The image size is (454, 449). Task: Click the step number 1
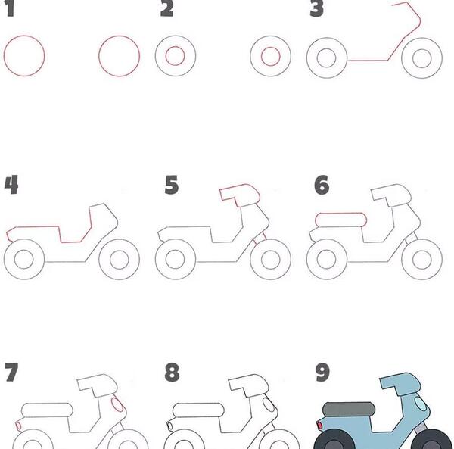pyautogui.click(x=10, y=8)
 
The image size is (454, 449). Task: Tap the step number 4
pyautogui.click(x=11, y=185)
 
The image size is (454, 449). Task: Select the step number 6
pyautogui.click(x=322, y=185)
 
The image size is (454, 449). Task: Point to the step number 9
pyautogui.click(x=322, y=373)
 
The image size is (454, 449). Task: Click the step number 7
pyautogui.click(x=11, y=373)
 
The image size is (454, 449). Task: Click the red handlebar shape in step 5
pyautogui.click(x=240, y=195)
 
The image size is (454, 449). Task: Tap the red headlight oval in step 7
pyautogui.click(x=117, y=404)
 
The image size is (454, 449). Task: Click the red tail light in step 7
pyautogui.click(x=18, y=426)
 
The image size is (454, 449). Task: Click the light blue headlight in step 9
pyautogui.click(x=420, y=404)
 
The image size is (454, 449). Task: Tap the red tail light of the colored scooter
pyautogui.click(x=319, y=426)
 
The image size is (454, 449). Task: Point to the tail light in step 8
pyautogui.click(x=169, y=426)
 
